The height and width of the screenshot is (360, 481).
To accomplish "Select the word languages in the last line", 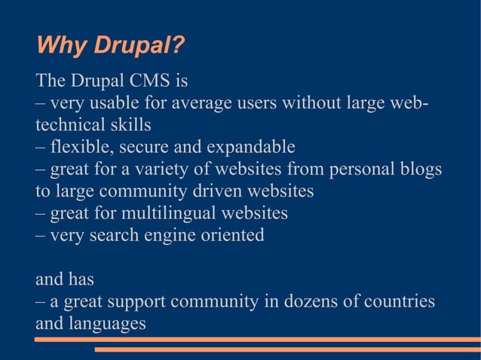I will point(106,325).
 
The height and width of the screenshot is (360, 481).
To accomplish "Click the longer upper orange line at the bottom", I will point(257,340).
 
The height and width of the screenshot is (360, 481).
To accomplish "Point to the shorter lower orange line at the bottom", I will point(286,349).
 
